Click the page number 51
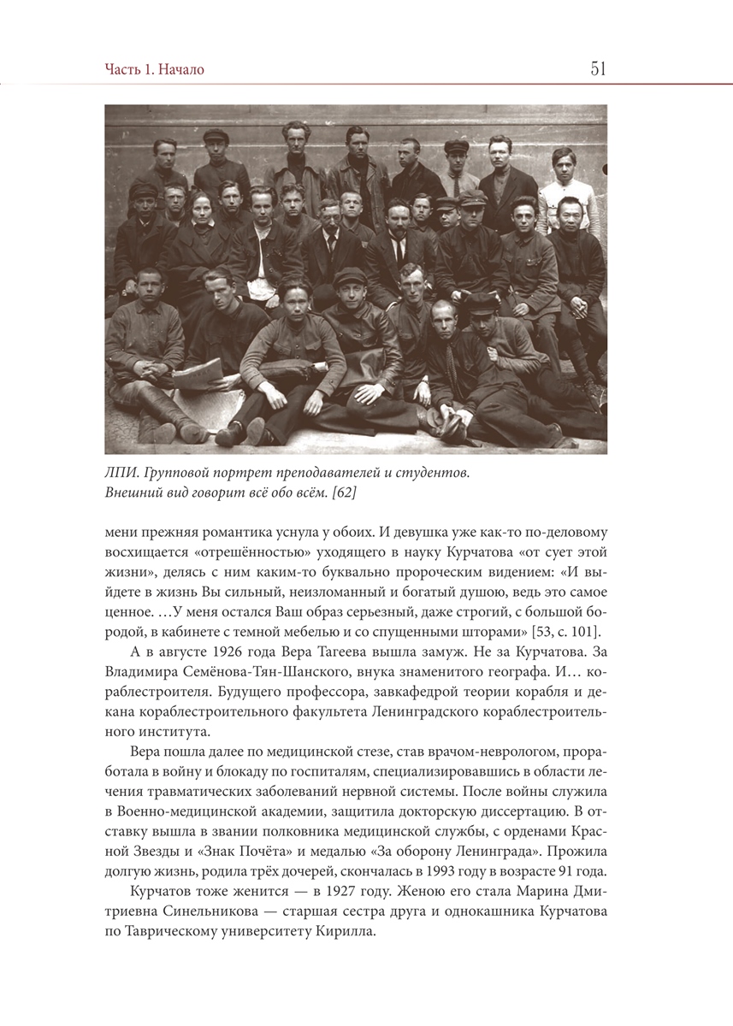(x=598, y=69)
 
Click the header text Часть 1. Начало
(x=155, y=70)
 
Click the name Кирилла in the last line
(x=349, y=931)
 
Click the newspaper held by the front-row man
(x=198, y=373)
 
